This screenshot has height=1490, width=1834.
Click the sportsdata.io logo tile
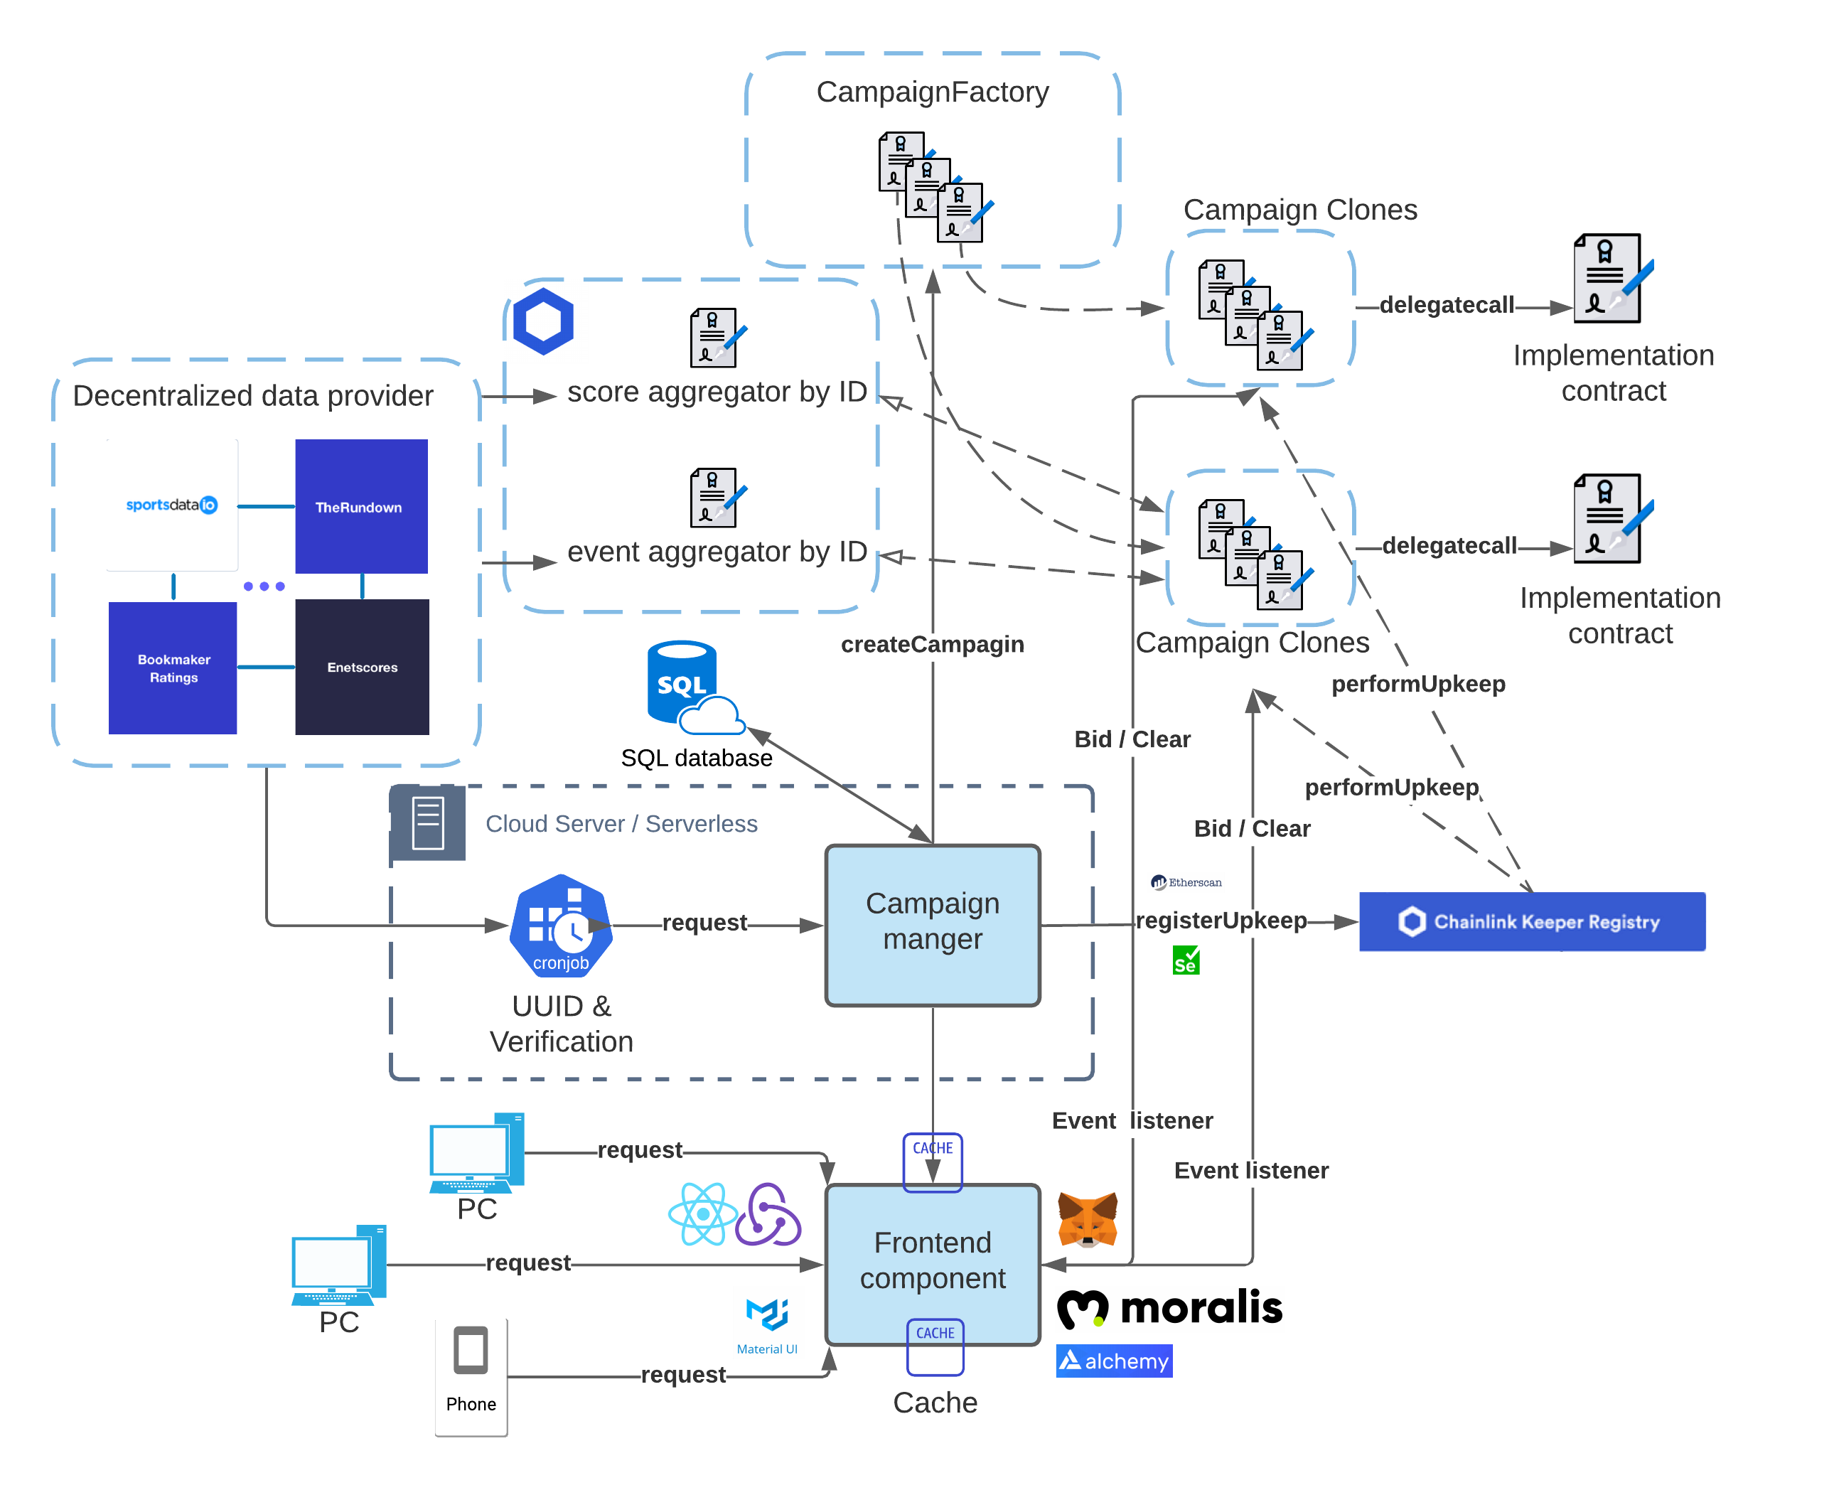[173, 505]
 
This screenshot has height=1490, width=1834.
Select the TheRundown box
[361, 505]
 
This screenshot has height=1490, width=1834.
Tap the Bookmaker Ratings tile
[173, 667]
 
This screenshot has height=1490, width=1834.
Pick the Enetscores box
[361, 667]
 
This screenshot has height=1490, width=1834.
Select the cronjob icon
[560, 927]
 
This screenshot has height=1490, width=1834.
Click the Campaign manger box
[932, 924]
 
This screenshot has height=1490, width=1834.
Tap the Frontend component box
[932, 1263]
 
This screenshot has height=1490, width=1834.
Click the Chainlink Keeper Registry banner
[1531, 921]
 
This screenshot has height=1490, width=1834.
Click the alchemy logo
[1113, 1361]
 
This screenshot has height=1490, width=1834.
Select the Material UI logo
[768, 1322]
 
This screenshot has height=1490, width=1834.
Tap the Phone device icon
[471, 1375]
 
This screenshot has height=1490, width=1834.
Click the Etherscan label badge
[1185, 882]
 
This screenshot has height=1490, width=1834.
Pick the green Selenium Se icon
[1185, 960]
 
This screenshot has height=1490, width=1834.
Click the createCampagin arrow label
[932, 644]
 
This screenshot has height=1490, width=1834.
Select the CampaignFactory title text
[932, 92]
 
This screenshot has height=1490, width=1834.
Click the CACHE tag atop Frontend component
[932, 1148]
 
